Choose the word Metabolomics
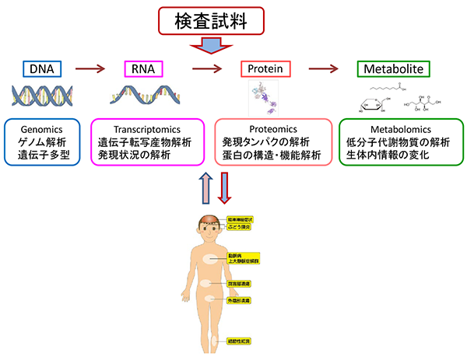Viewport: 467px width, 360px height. tap(401, 129)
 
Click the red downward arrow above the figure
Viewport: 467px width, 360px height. tap(224, 187)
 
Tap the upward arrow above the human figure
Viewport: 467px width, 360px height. tap(205, 187)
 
